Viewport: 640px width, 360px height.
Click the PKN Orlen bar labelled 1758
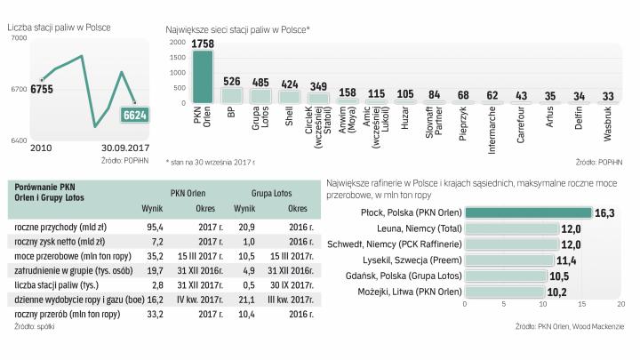(x=203, y=78)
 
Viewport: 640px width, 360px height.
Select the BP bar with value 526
(x=231, y=95)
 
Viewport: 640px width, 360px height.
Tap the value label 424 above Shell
(x=288, y=84)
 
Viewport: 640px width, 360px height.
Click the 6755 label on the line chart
(x=42, y=88)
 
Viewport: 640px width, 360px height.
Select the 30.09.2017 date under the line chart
(x=124, y=148)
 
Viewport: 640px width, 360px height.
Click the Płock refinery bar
(x=528, y=212)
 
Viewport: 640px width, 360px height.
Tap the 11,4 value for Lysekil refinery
(x=566, y=260)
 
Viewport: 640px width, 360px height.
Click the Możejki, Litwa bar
(x=503, y=292)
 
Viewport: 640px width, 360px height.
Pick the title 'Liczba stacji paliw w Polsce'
(x=60, y=28)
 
